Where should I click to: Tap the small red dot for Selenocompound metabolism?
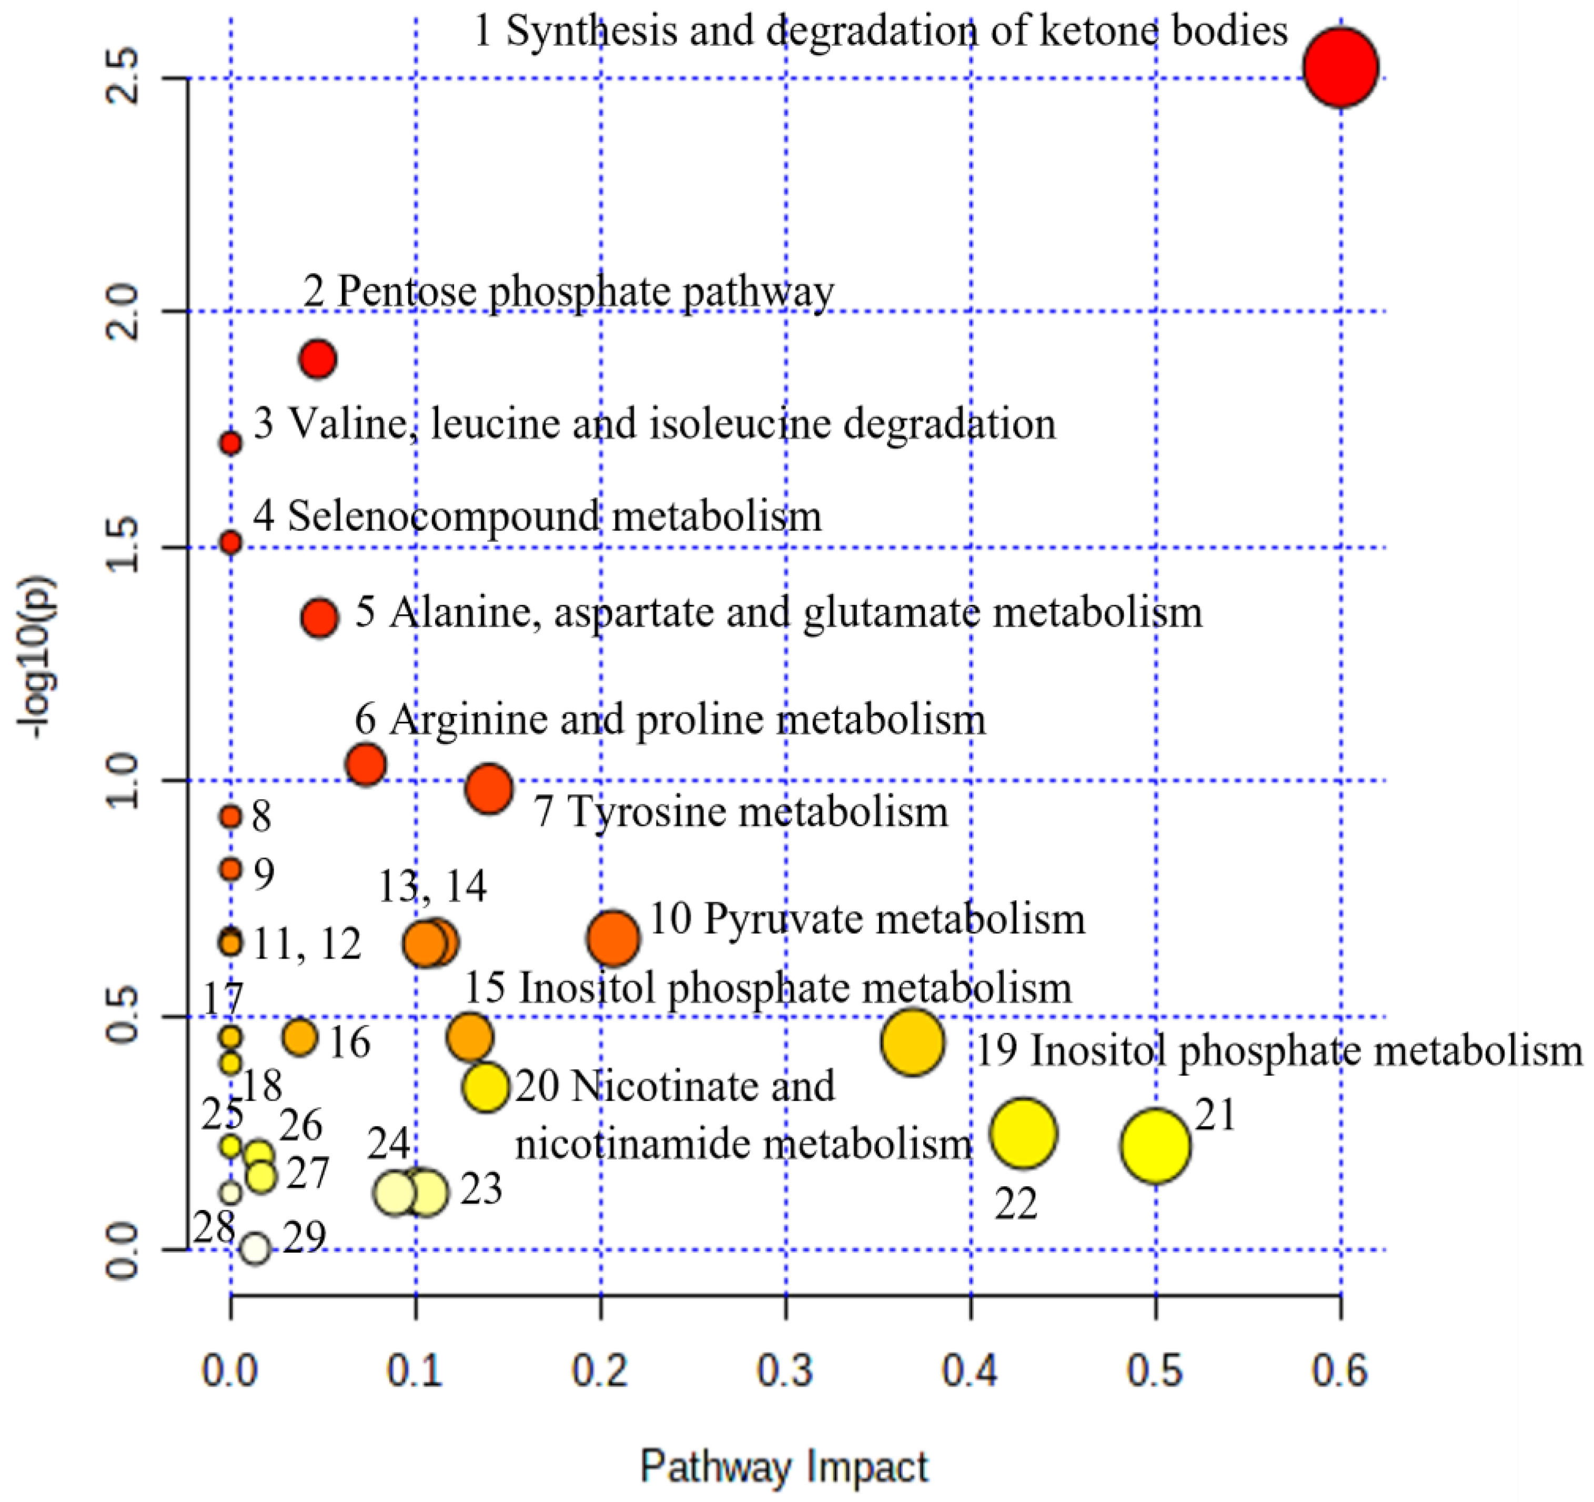click(x=231, y=543)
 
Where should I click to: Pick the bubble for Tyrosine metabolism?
click(x=489, y=789)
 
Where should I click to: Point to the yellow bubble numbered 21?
click(x=1155, y=1146)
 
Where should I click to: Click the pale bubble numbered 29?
click(x=255, y=1248)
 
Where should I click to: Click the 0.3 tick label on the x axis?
click(x=786, y=1372)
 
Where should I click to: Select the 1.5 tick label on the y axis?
click(x=124, y=547)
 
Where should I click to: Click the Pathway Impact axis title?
click(x=784, y=1467)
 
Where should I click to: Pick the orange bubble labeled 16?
click(x=300, y=1037)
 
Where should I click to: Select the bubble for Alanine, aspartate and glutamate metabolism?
click(x=320, y=618)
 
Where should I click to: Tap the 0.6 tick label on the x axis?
click(x=1340, y=1372)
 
